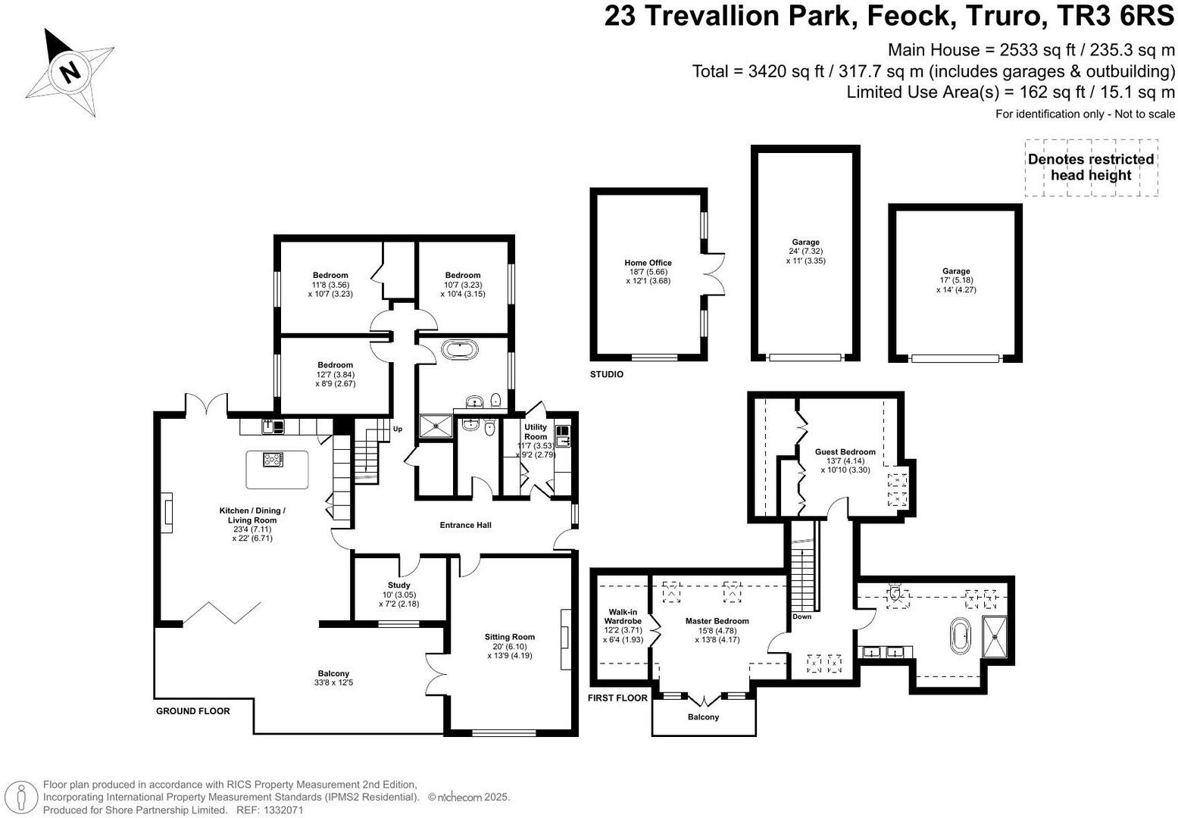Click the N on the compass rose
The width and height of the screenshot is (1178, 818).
[x=70, y=71]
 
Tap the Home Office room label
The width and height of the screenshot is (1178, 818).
[x=648, y=263]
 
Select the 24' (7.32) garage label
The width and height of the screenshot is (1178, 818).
[x=806, y=251]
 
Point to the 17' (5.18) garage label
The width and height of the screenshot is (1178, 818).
[x=956, y=280]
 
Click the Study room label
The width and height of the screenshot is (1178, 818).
[x=398, y=585]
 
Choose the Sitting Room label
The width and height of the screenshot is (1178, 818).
[x=510, y=637]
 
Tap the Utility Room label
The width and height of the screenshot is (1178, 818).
[x=536, y=432]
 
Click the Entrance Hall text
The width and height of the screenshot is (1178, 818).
[x=465, y=525]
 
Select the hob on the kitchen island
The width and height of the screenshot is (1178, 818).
[x=273, y=460]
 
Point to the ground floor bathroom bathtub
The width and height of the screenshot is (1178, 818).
[x=460, y=350]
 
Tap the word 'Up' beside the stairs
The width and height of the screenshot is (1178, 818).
[x=398, y=429]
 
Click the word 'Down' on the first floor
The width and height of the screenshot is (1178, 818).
[x=802, y=616]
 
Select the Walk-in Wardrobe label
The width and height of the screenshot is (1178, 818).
[x=623, y=617]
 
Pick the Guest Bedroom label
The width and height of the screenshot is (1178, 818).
[x=845, y=452]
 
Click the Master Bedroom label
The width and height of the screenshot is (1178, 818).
[x=717, y=621]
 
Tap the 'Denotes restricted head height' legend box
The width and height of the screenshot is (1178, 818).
[x=1091, y=167]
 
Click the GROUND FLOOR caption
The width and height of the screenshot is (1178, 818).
[x=193, y=711]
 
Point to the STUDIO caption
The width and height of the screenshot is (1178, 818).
[x=606, y=374]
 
